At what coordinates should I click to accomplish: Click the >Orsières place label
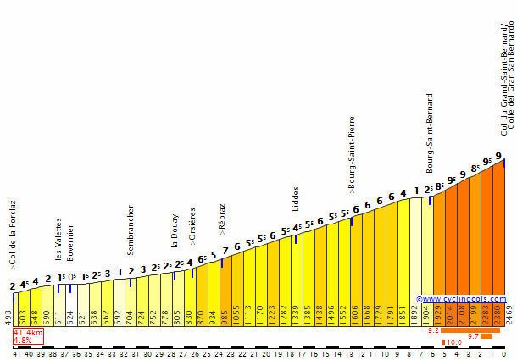[192, 226]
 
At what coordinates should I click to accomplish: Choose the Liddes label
[296, 199]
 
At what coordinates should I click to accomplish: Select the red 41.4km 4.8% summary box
[27, 336]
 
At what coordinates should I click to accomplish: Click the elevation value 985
[225, 316]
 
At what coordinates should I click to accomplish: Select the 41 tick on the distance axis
[16, 352]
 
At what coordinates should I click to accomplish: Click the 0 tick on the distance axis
[504, 352]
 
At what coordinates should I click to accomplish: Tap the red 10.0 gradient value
[454, 342]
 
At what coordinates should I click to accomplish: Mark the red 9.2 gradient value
[433, 332]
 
